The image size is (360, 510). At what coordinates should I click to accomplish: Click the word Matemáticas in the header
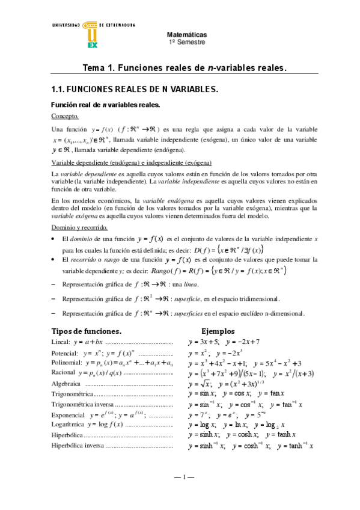point(187,35)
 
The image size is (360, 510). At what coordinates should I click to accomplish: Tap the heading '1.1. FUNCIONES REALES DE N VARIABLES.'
point(135,89)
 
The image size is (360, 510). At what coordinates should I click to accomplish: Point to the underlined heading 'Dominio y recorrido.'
point(79,211)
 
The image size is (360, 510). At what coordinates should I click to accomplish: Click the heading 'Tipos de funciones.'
point(87,331)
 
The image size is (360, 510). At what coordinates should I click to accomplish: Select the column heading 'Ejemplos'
point(221,331)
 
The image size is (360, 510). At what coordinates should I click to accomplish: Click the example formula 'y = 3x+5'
point(203,342)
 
